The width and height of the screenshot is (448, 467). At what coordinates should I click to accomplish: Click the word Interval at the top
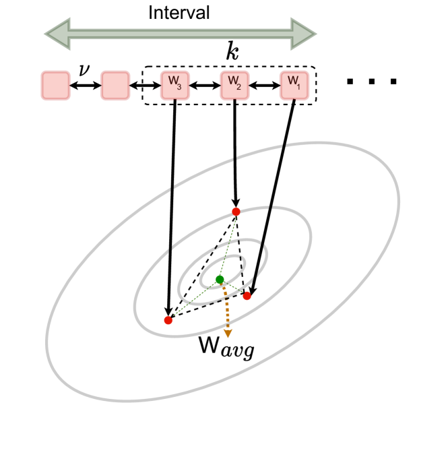pyautogui.click(x=179, y=12)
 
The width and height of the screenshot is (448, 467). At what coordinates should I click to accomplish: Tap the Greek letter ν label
pyautogui.click(x=84, y=69)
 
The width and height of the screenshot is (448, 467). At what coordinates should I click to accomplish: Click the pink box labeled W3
pyautogui.click(x=174, y=86)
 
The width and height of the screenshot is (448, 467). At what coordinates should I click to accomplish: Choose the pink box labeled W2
pyautogui.click(x=234, y=86)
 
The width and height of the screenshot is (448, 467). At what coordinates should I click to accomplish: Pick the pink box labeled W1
pyautogui.click(x=294, y=86)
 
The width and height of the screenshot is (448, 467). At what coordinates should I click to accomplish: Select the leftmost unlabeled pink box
pyautogui.click(x=55, y=86)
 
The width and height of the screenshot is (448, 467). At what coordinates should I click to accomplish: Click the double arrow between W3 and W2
pyautogui.click(x=204, y=86)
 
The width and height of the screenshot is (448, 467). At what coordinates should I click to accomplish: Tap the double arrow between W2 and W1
pyautogui.click(x=264, y=86)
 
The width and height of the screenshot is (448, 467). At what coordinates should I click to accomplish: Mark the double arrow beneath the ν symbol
pyautogui.click(x=85, y=86)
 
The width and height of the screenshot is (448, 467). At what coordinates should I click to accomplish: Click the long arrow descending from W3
pyautogui.click(x=172, y=202)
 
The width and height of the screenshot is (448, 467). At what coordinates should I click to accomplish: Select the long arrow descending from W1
pyautogui.click(x=273, y=195)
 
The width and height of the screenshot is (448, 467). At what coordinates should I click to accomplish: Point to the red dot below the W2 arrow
pyautogui.click(x=236, y=212)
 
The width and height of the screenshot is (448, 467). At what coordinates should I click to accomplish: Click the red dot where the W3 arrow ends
pyautogui.click(x=168, y=320)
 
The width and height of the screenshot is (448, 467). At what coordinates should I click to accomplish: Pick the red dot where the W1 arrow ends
pyautogui.click(x=247, y=296)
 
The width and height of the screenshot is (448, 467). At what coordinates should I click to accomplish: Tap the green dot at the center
pyautogui.click(x=220, y=279)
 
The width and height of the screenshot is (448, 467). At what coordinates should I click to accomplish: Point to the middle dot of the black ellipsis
pyautogui.click(x=372, y=82)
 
